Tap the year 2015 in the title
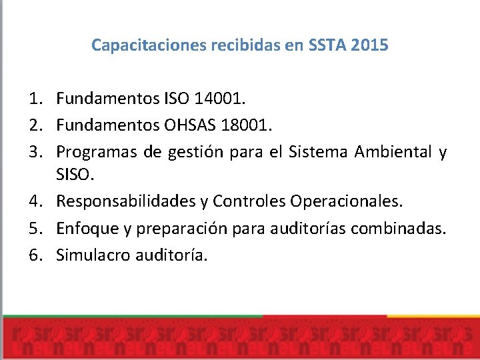pos(370,46)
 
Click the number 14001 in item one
pos(219,100)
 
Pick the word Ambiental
pos(393,152)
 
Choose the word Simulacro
pos(93,254)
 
